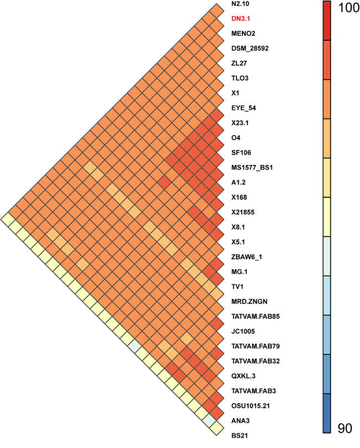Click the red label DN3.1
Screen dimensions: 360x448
[x=240, y=19]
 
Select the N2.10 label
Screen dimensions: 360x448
[x=240, y=4]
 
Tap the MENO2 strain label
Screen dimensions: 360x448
[x=243, y=33]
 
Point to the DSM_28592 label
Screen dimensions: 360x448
[x=250, y=48]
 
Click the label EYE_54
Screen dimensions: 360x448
[x=244, y=108]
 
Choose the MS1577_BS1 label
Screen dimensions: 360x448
[x=252, y=167]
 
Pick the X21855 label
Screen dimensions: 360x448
[x=243, y=212]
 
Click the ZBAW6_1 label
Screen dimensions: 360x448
[x=246, y=257]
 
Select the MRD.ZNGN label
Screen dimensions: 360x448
[x=249, y=301]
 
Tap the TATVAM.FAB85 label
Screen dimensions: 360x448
[x=255, y=316]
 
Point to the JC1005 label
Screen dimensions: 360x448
[x=243, y=331]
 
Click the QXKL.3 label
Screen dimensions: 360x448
[x=244, y=376]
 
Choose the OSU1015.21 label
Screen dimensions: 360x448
[x=250, y=406]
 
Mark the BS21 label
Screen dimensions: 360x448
[x=239, y=436]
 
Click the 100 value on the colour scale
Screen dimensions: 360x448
[x=348, y=8]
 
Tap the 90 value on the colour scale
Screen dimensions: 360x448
[x=345, y=428]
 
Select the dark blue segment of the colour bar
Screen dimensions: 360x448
[x=327, y=414]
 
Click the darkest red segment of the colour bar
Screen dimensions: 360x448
[x=327, y=20]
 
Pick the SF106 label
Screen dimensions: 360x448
[x=241, y=153]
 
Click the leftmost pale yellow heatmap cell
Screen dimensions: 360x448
[x=8, y=220]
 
